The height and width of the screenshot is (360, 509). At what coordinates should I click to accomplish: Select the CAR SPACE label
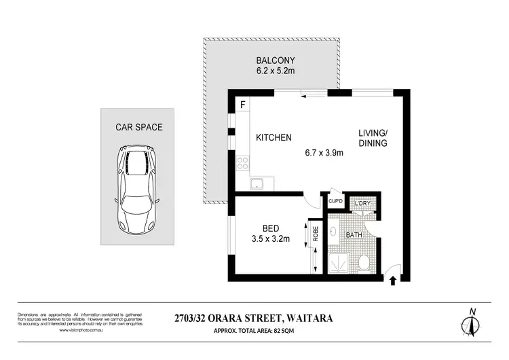click(139, 127)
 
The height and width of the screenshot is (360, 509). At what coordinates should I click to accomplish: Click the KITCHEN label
click(274, 138)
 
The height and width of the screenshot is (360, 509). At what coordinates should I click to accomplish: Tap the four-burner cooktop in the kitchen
click(242, 163)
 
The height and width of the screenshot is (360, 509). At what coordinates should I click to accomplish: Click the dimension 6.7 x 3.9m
click(323, 153)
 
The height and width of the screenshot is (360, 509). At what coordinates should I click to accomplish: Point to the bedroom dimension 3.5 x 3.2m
click(271, 238)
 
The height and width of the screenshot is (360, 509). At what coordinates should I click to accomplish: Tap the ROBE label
click(316, 234)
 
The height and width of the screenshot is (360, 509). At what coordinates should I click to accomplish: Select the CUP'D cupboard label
click(335, 201)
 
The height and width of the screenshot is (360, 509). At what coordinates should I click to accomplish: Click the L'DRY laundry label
click(361, 204)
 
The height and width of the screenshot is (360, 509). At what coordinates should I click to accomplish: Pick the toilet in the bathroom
click(364, 262)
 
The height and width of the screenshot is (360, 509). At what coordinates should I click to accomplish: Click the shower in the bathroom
click(339, 262)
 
